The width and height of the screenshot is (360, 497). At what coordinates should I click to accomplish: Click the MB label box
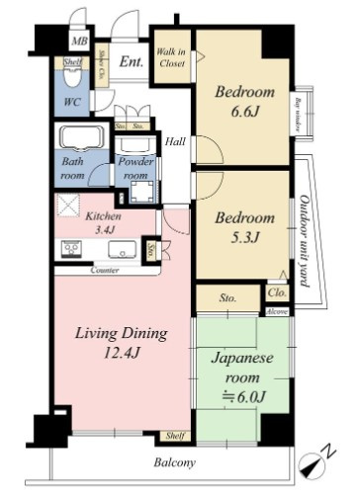(x=79, y=42)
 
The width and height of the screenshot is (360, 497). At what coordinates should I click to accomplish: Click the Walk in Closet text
(x=172, y=57)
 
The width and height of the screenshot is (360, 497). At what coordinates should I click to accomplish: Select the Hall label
(x=176, y=140)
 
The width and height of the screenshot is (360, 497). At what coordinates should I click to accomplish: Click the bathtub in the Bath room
(x=82, y=138)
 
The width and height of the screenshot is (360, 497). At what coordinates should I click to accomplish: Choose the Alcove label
(x=276, y=309)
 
